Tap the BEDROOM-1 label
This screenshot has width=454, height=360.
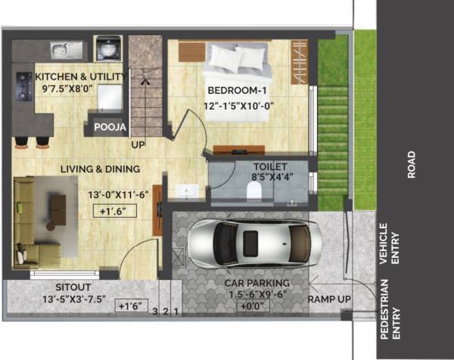click(236, 91)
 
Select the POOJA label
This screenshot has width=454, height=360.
click(110, 128)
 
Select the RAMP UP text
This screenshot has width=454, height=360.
click(329, 299)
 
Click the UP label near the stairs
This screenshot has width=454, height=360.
click(138, 144)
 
